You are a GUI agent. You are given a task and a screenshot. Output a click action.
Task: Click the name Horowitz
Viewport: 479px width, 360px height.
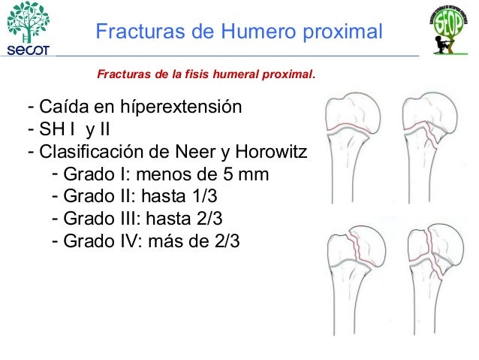[271, 153]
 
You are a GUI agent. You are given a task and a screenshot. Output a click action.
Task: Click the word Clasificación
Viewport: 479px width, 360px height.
[89, 153]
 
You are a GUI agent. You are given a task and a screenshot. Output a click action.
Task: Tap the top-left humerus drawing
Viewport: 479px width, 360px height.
[354, 147]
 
